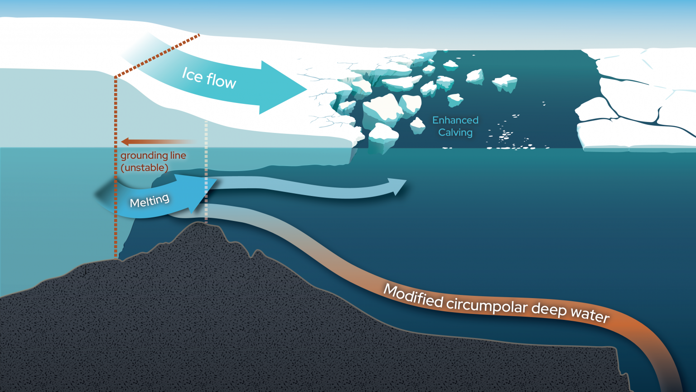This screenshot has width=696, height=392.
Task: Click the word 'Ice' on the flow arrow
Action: pyautogui.click(x=192, y=74)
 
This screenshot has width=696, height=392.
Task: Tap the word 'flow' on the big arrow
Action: pyautogui.click(x=221, y=81)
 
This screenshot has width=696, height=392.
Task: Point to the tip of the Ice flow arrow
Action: pyautogui.click(x=304, y=88)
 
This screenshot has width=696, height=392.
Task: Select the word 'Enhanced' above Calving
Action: pyautogui.click(x=455, y=120)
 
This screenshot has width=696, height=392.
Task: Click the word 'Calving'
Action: pyautogui.click(x=455, y=132)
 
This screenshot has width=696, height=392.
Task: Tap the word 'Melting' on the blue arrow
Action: pyautogui.click(x=150, y=200)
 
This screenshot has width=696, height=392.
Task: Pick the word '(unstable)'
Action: pyautogui.click(x=144, y=167)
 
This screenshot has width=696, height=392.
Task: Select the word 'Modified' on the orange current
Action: pyautogui.click(x=413, y=296)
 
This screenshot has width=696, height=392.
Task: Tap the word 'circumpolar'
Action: pyautogui.click(x=487, y=305)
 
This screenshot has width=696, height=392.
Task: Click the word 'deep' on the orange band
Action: pyautogui.click(x=549, y=309)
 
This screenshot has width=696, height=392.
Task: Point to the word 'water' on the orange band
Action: pyautogui.click(x=590, y=314)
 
